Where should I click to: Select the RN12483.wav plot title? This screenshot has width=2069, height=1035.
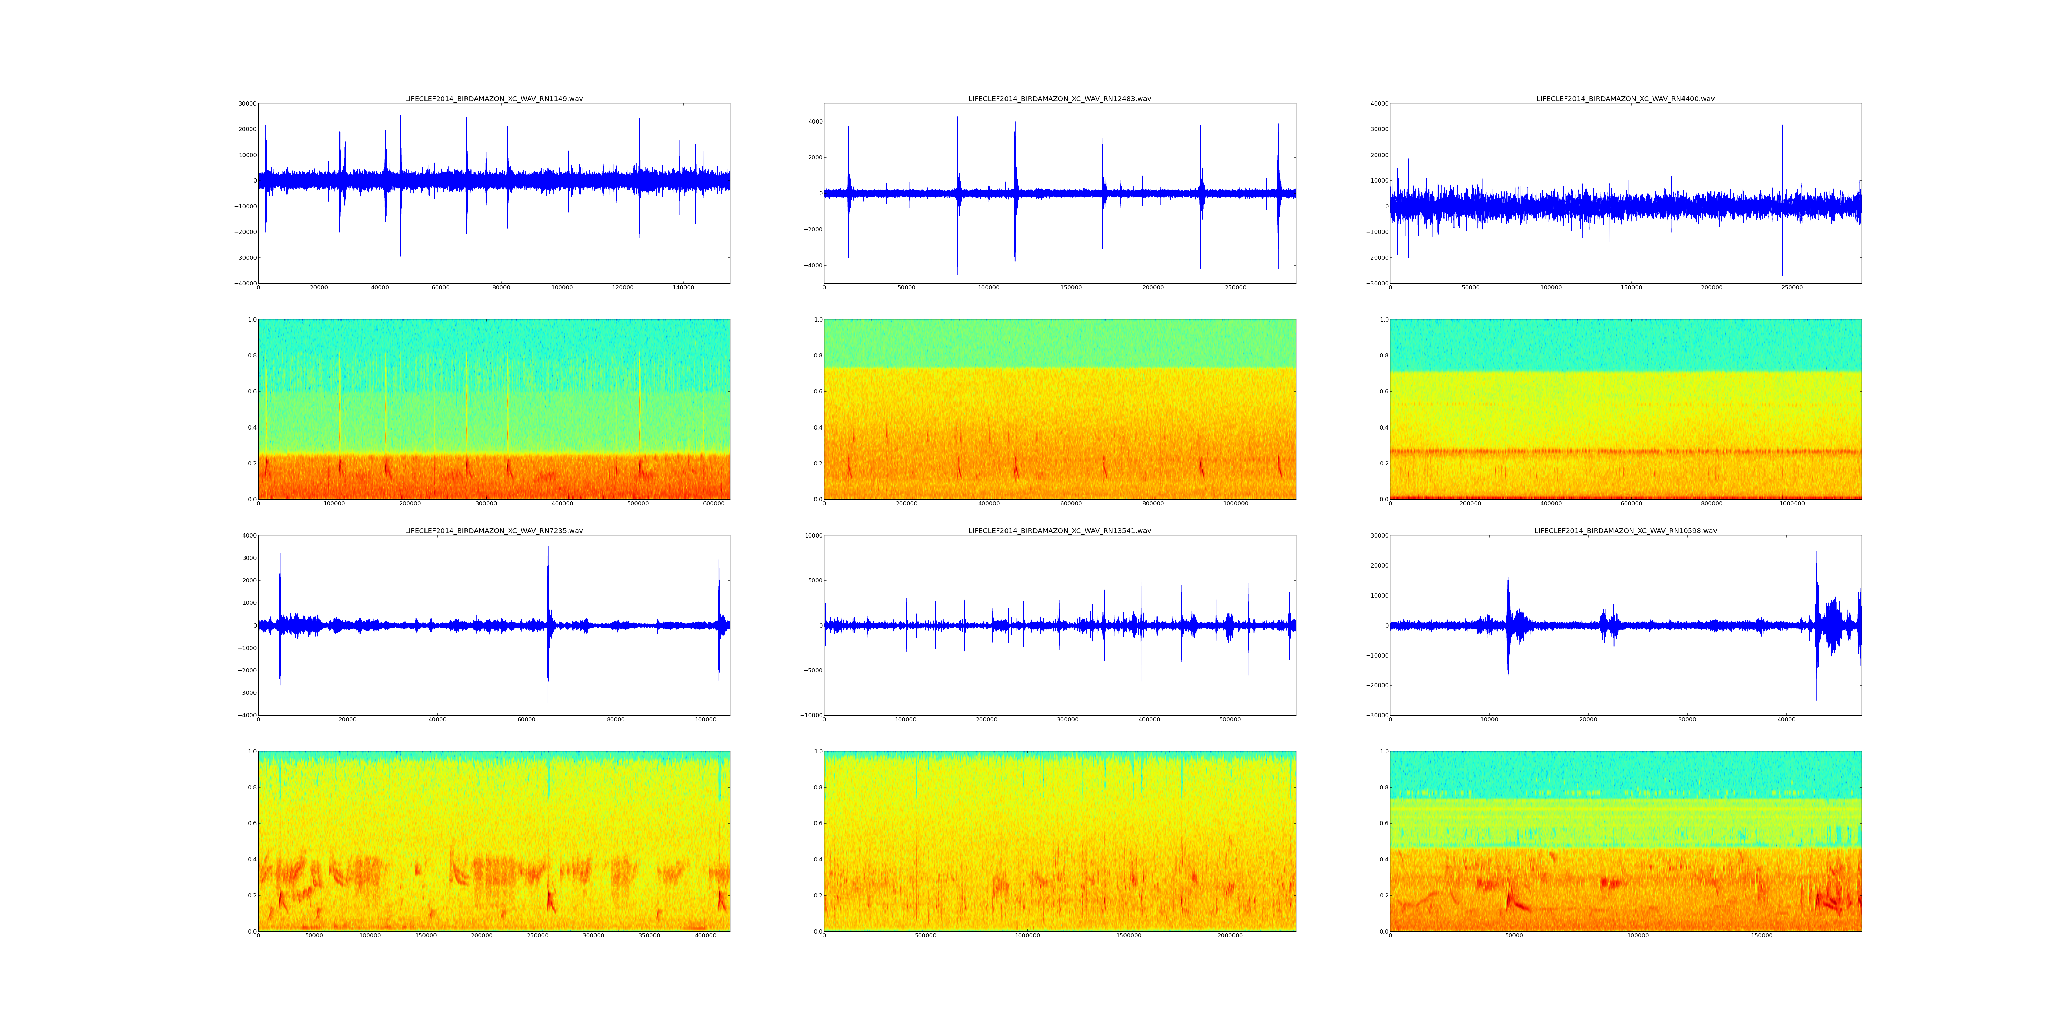(1059, 99)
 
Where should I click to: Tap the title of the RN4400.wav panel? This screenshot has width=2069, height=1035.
(1625, 99)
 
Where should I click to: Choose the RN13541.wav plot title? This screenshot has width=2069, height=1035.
(1059, 530)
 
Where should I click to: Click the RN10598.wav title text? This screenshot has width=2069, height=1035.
(1625, 530)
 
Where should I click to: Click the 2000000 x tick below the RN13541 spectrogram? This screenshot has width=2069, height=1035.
(1230, 935)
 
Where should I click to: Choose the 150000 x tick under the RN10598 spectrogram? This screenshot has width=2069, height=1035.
(1761, 935)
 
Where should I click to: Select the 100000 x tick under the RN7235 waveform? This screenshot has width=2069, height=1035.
(705, 719)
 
